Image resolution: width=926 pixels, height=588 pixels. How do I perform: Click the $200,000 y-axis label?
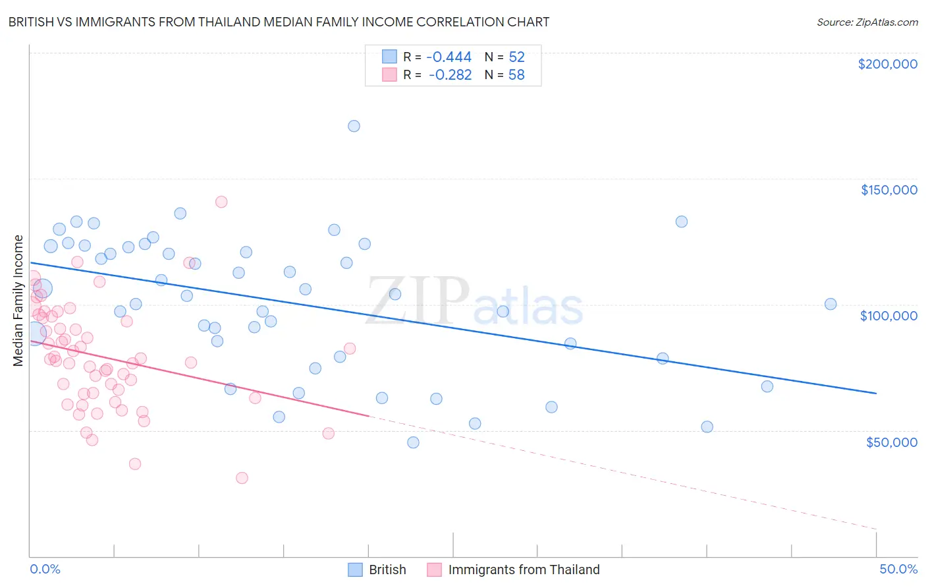click(x=887, y=64)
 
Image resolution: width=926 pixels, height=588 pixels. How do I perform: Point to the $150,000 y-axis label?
click(x=888, y=190)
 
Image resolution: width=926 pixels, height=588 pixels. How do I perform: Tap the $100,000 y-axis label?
click(x=888, y=316)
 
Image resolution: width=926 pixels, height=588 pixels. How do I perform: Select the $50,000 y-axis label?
click(x=891, y=442)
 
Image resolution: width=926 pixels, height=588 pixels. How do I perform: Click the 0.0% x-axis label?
click(x=45, y=569)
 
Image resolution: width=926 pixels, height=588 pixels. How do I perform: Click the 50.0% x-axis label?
click(x=898, y=569)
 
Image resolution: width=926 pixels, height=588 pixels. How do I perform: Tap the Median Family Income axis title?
click(x=18, y=301)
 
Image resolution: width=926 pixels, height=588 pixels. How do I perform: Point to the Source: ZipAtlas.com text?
click(x=867, y=22)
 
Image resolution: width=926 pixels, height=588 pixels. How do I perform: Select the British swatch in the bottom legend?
click(x=355, y=570)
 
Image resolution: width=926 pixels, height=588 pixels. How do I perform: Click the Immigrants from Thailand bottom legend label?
click(x=524, y=570)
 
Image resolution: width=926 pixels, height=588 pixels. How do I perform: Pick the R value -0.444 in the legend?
click(x=449, y=57)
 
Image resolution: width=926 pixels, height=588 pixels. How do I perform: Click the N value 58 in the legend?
click(x=516, y=75)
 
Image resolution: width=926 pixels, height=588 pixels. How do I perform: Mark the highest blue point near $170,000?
click(x=354, y=126)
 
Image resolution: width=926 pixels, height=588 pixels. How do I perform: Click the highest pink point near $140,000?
click(x=221, y=202)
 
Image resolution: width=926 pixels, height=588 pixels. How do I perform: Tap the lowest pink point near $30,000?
click(x=242, y=478)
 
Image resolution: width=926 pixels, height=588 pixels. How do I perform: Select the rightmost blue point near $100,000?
click(x=831, y=304)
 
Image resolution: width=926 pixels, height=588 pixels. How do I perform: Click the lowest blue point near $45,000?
click(x=413, y=442)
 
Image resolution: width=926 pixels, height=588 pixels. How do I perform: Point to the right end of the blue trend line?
click(x=876, y=393)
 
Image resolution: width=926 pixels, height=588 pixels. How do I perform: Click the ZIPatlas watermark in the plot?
click(x=474, y=301)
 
